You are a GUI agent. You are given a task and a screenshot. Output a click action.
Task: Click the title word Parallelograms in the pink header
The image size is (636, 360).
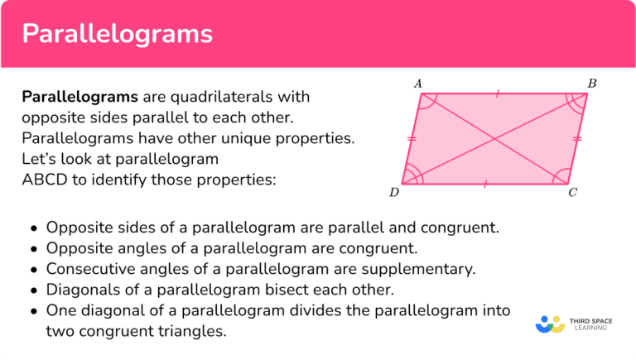click(x=117, y=34)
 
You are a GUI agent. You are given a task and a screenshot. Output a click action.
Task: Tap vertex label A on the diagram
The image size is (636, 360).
click(x=418, y=83)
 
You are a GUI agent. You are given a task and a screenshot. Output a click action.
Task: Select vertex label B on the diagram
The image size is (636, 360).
click(x=592, y=83)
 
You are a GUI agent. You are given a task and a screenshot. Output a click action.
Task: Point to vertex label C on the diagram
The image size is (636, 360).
click(x=573, y=193)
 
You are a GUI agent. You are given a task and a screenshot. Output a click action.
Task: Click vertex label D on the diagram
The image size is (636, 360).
click(x=394, y=193)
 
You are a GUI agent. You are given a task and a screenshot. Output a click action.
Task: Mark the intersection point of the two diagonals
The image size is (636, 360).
click(x=494, y=138)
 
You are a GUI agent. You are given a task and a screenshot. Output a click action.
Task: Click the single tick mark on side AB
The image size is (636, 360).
click(x=498, y=94)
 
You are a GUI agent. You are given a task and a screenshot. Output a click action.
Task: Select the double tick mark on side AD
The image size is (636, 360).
click(x=412, y=138)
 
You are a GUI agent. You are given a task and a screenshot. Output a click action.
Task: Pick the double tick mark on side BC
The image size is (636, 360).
click(x=577, y=138)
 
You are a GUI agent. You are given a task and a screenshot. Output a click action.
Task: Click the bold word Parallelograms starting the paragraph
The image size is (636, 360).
click(x=79, y=97)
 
